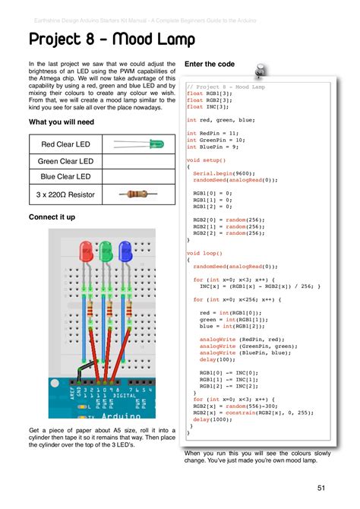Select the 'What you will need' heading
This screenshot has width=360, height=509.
(x=62, y=122)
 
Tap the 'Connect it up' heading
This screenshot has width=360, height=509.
(x=52, y=217)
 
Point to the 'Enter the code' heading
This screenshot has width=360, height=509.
(x=210, y=65)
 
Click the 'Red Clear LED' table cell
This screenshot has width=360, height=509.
(x=65, y=144)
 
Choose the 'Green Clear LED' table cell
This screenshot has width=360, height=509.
(x=65, y=161)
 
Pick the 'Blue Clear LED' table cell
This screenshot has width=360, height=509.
(x=65, y=178)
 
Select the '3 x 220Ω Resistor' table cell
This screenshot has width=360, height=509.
(x=65, y=195)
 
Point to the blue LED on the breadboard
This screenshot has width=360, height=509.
(x=125, y=251)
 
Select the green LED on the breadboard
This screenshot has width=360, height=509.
(x=105, y=251)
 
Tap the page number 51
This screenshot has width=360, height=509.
(x=322, y=487)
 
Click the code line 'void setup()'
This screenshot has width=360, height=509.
(x=206, y=160)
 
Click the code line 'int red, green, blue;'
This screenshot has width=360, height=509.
(x=221, y=120)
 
